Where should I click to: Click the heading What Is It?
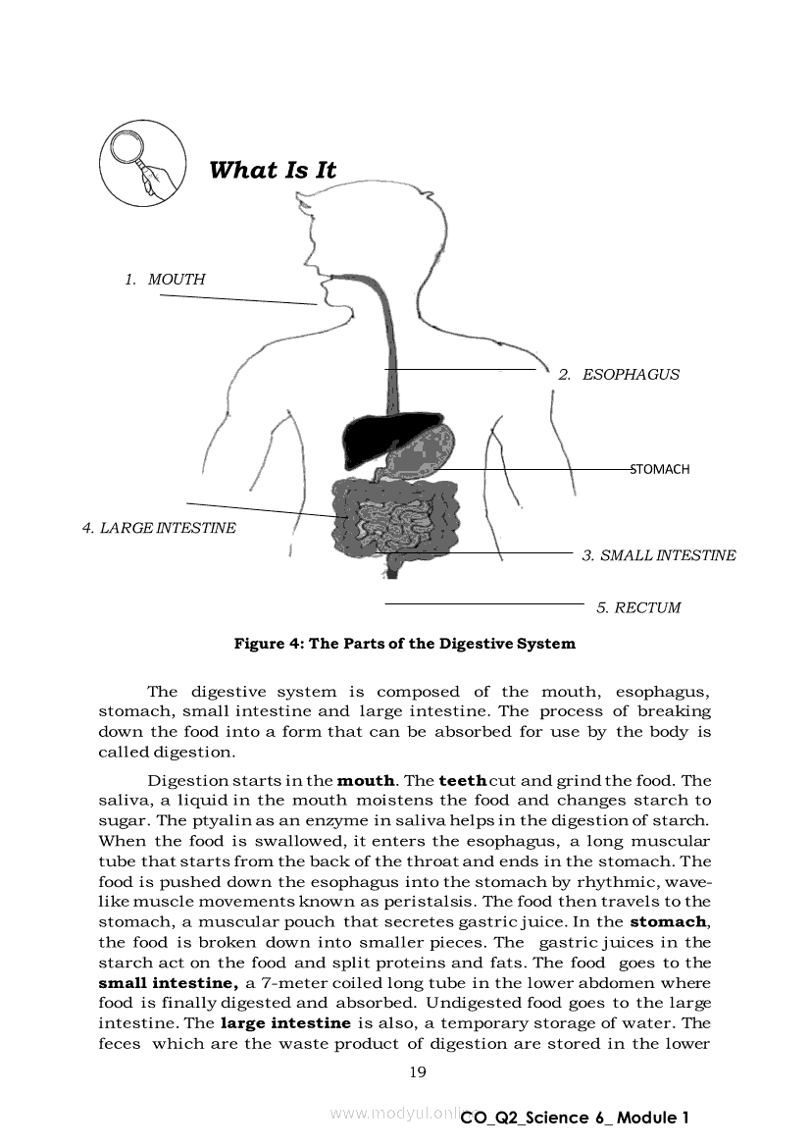coord(273,171)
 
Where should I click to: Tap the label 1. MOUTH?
coord(165,280)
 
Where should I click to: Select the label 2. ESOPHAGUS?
coord(619,375)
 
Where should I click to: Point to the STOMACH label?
coord(660,470)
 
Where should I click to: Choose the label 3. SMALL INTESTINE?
coord(658,555)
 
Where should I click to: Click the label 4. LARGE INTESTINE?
coord(159,528)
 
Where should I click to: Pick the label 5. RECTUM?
coord(638,607)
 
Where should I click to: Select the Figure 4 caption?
coord(404,645)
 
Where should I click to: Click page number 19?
coord(418,1071)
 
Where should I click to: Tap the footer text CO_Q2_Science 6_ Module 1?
coord(576,1118)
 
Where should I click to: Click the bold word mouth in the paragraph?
coord(366,781)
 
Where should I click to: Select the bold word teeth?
coord(462,781)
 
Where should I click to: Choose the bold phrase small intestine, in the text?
coord(168,983)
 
